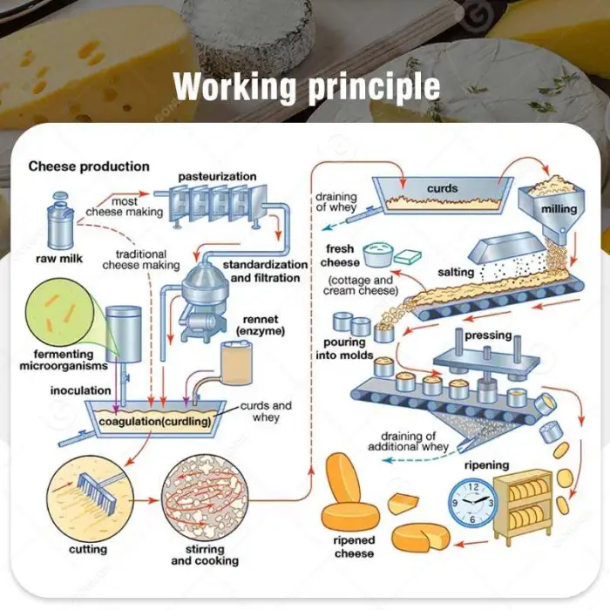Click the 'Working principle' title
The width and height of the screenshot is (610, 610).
pyautogui.click(x=306, y=87)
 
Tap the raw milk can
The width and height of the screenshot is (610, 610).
pyautogui.click(x=58, y=222)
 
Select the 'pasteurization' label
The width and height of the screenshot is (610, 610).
pyautogui.click(x=217, y=177)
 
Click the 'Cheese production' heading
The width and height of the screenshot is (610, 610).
pyautogui.click(x=89, y=166)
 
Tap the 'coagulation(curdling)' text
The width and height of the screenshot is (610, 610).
pyautogui.click(x=155, y=423)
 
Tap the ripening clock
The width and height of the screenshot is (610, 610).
pyautogui.click(x=472, y=503)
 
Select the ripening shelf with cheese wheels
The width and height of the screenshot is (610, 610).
pyautogui.click(x=522, y=503)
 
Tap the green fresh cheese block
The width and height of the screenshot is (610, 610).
pyautogui.click(x=407, y=256)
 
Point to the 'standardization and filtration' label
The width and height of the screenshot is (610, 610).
pyautogui.click(x=265, y=271)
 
